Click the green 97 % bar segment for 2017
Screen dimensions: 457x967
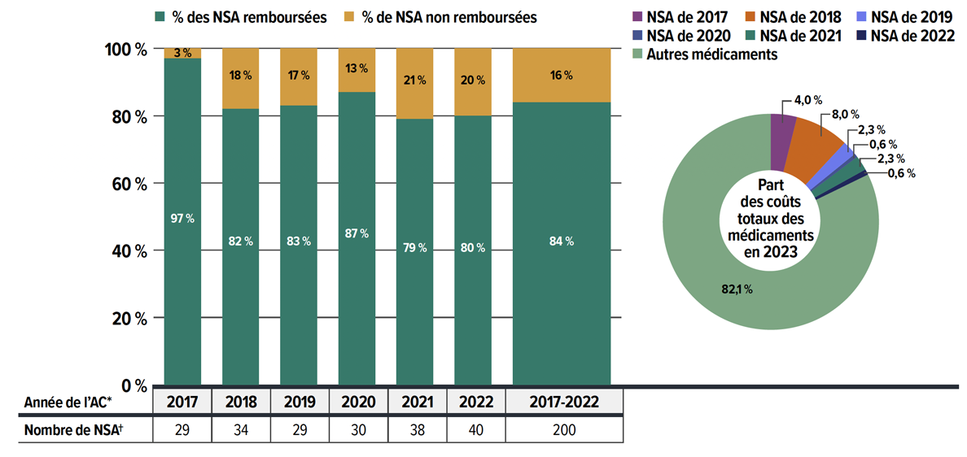coord(182,244)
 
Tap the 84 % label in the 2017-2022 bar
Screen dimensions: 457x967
coord(562,241)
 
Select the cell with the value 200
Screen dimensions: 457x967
coord(564,429)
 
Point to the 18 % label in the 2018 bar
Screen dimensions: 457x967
coord(240,76)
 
